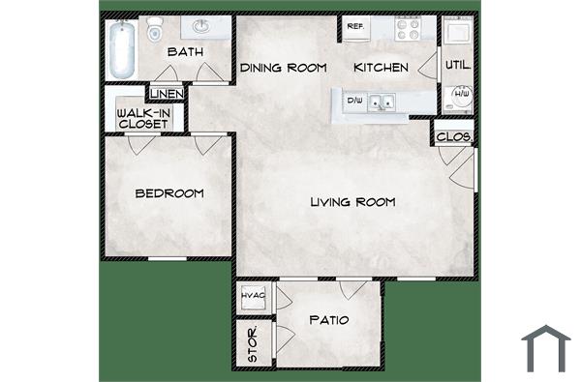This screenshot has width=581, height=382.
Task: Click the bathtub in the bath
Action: click(x=122, y=50)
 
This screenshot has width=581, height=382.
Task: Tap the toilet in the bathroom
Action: click(x=153, y=34)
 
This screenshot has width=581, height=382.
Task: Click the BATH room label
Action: click(x=184, y=51)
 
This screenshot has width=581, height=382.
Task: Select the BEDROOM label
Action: click(x=169, y=193)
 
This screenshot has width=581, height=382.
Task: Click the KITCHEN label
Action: click(x=381, y=68)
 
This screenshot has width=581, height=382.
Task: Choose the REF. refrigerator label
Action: click(x=354, y=27)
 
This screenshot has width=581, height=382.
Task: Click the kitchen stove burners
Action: click(x=407, y=28)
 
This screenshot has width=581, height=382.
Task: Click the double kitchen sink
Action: click(x=384, y=100)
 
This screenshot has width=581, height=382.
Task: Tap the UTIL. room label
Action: click(x=457, y=66)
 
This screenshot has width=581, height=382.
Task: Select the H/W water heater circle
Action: click(x=461, y=95)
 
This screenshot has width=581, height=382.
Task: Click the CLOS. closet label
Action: click(x=454, y=137)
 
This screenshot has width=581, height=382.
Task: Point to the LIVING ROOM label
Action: click(x=353, y=203)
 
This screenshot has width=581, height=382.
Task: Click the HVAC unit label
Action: click(x=255, y=294)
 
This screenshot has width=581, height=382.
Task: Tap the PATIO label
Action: click(x=329, y=320)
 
